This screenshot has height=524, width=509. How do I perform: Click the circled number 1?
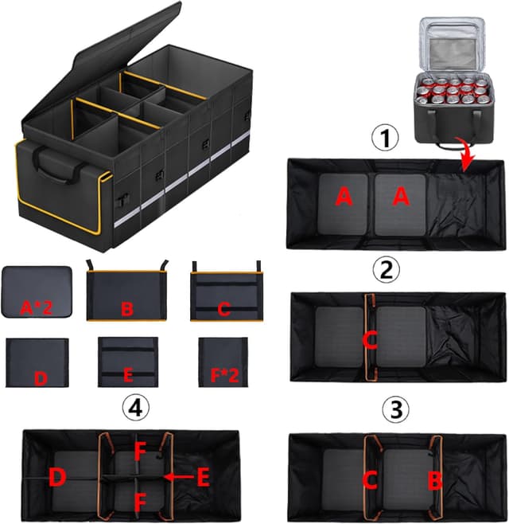(x=387, y=139)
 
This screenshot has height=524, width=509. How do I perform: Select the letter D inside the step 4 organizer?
(x=58, y=479)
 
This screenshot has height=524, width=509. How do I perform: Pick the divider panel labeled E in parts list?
(x=126, y=362)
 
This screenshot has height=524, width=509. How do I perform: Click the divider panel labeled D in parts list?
(x=37, y=362)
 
